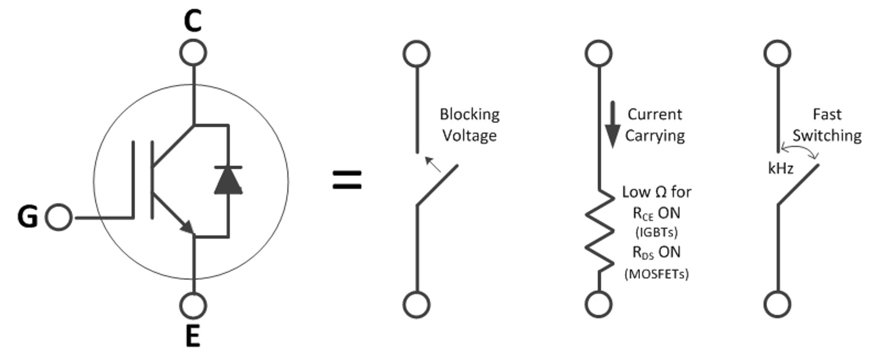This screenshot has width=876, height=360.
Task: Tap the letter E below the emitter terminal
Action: coord(193,337)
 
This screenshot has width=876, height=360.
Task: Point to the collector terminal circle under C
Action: coord(194,53)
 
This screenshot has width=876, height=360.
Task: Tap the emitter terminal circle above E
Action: coord(194,305)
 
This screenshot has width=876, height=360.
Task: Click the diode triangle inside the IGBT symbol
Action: coord(228,179)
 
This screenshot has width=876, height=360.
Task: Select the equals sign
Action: coord(348,180)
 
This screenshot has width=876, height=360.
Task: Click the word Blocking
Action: coord(470,115)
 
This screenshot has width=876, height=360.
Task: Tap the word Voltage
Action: coord(469,135)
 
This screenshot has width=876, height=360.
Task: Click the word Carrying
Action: coord(655,135)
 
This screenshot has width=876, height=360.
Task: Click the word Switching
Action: coord(827,135)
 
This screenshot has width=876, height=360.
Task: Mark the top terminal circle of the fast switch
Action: coord(777,53)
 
